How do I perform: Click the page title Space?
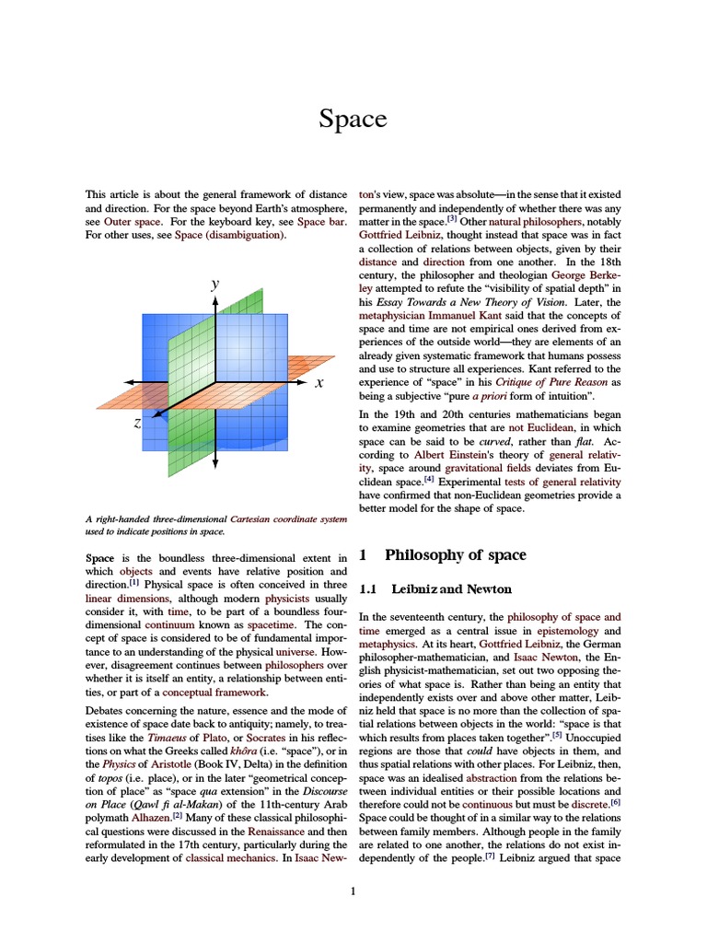click(353, 119)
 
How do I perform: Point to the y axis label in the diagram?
click(214, 285)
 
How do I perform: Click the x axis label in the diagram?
click(319, 382)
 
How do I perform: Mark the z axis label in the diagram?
click(137, 423)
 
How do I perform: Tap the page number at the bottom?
click(353, 891)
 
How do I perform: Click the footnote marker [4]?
click(428, 480)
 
